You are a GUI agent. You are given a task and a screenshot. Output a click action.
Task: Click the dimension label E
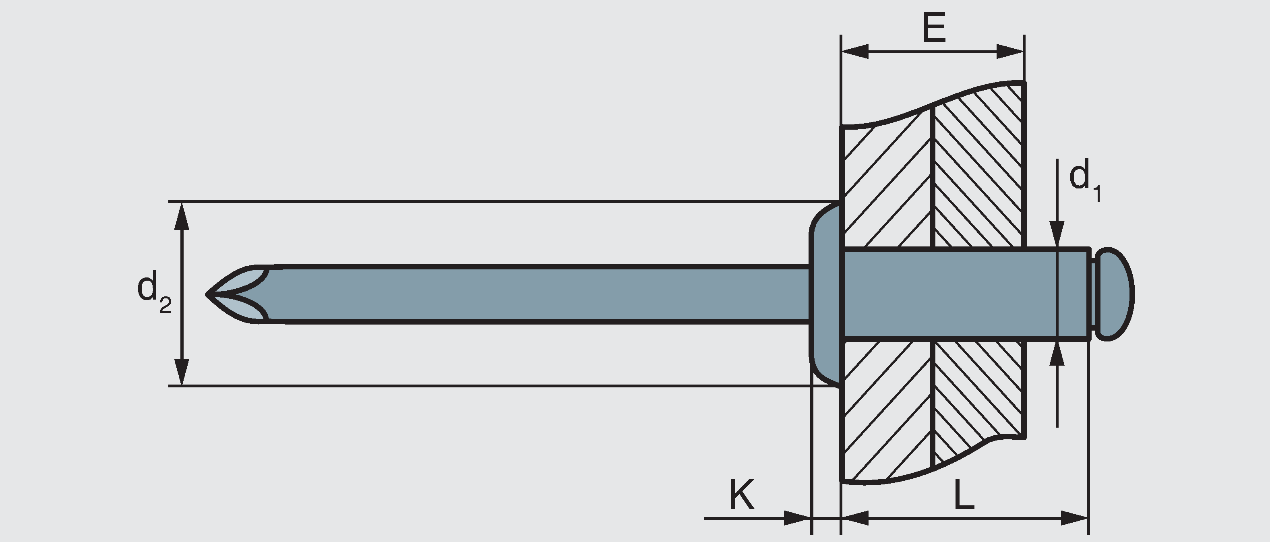(934, 28)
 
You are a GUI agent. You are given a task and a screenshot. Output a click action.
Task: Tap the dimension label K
(741, 494)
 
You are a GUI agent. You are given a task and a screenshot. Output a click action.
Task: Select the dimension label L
(964, 494)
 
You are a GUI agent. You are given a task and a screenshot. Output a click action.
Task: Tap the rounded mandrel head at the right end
(1116, 294)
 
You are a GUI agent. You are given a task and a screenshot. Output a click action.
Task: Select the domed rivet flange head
(826, 294)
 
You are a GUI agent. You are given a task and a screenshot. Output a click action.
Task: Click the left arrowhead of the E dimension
(854, 51)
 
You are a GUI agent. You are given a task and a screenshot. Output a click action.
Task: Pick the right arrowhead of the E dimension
(1011, 51)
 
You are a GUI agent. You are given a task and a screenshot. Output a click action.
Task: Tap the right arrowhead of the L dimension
(1075, 518)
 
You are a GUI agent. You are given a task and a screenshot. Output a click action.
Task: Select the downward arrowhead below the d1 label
(1057, 234)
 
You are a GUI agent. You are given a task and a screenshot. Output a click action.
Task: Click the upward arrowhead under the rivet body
(1057, 354)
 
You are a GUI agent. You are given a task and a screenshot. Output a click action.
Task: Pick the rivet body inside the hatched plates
(951, 294)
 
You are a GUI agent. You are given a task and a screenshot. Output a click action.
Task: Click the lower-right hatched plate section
(978, 395)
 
